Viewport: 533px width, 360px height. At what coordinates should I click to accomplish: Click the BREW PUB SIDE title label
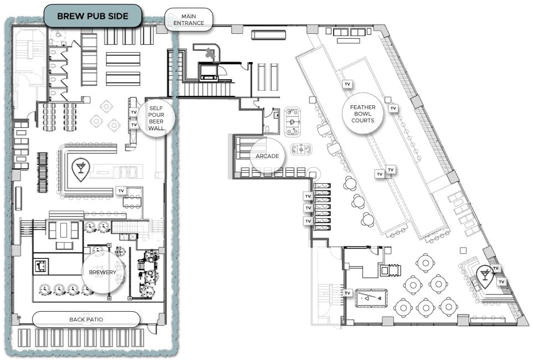pyautogui.click(x=93, y=16)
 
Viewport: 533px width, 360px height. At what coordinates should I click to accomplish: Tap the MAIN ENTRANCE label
pyautogui.click(x=189, y=19)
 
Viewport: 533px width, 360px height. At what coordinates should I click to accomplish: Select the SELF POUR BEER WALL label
pyautogui.click(x=156, y=117)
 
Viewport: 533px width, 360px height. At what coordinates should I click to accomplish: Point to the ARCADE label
pyautogui.click(x=267, y=156)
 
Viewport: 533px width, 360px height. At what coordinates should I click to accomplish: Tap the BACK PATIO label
pyautogui.click(x=86, y=320)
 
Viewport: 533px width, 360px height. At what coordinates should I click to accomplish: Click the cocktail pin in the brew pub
pyautogui.click(x=80, y=170)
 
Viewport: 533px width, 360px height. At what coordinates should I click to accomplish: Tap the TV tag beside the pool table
pyautogui.click(x=348, y=292)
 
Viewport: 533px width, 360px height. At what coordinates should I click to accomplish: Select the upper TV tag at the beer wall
pyautogui.click(x=133, y=112)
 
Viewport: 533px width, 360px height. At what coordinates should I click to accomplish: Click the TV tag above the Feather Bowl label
pyautogui.click(x=347, y=84)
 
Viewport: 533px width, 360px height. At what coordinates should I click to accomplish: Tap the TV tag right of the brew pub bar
pyautogui.click(x=121, y=191)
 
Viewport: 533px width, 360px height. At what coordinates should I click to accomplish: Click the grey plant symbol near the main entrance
pyautogui.click(x=209, y=54)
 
